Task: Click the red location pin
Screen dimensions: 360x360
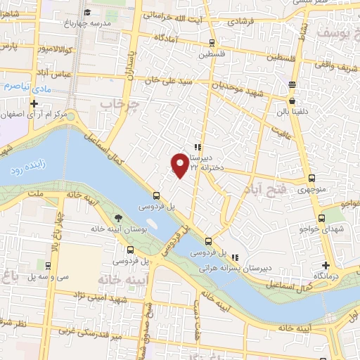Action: point(180,165)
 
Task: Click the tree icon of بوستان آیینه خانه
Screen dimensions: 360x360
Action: point(117,218)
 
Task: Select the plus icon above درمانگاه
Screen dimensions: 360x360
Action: point(326,266)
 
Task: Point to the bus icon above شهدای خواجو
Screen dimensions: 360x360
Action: point(322,219)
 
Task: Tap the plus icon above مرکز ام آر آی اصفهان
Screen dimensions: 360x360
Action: point(33,103)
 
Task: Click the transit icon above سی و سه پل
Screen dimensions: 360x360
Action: point(47,266)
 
